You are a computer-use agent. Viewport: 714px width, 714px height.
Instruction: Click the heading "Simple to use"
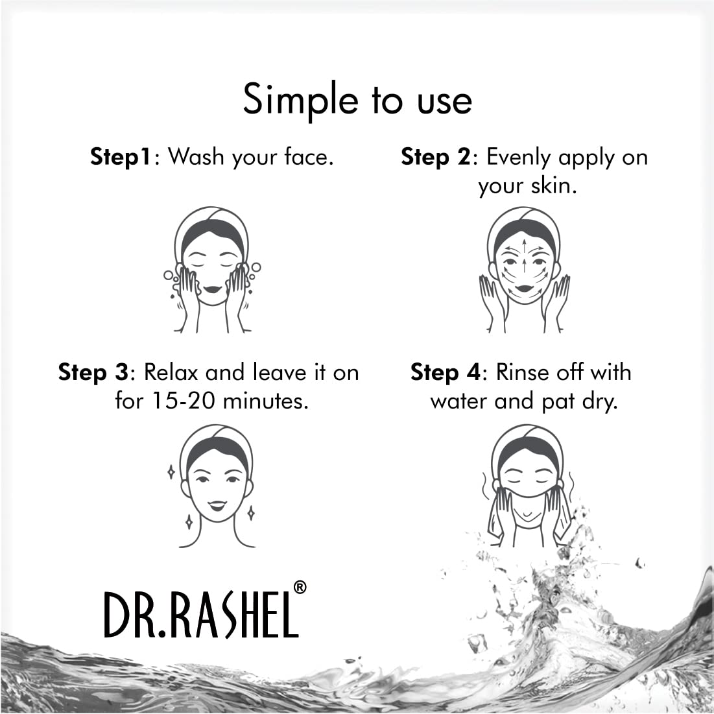pyautogui.click(x=357, y=100)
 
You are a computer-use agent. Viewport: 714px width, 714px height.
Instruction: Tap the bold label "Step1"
pyautogui.click(x=121, y=157)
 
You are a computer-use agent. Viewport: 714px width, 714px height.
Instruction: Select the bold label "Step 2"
pyautogui.click(x=434, y=157)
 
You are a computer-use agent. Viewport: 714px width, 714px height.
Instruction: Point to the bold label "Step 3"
pyautogui.click(x=93, y=372)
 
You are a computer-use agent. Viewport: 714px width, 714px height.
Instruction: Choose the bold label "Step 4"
pyautogui.click(x=446, y=372)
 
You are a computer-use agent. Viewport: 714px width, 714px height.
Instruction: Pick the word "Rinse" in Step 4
pyautogui.click(x=525, y=372)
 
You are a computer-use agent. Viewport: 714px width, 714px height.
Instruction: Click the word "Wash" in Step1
pyautogui.click(x=195, y=157)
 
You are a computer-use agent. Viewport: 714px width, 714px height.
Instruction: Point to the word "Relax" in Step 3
pyautogui.click(x=171, y=372)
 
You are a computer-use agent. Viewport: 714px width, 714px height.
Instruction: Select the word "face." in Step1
pyautogui.click(x=309, y=157)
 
